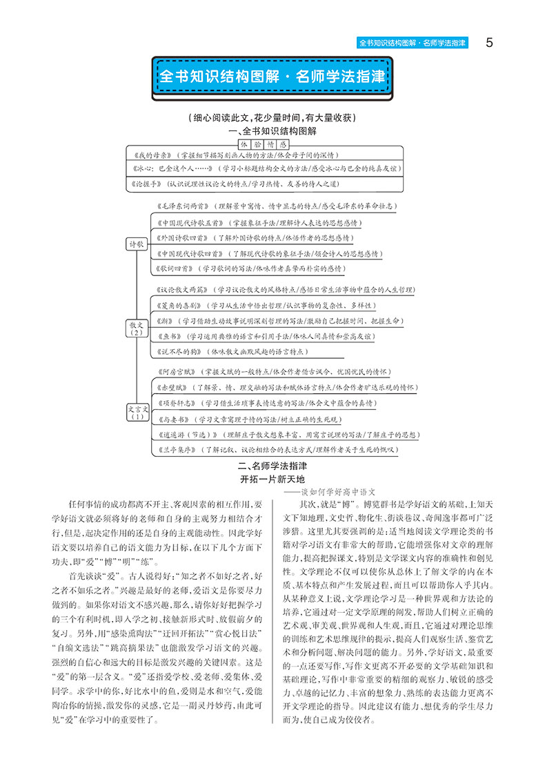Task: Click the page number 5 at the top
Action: pyautogui.click(x=489, y=43)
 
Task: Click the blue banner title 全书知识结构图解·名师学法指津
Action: pyautogui.click(x=272, y=77)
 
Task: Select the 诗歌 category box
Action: pyautogui.click(x=137, y=244)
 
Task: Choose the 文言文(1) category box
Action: pyautogui.click(x=137, y=412)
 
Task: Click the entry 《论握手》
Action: pyautogui.click(x=148, y=184)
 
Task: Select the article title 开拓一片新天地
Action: pyautogui.click(x=272, y=479)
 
